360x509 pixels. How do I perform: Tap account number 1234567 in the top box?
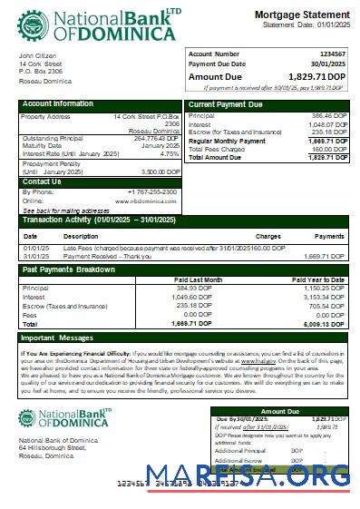(x=333, y=54)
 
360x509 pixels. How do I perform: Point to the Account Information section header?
(x=58, y=104)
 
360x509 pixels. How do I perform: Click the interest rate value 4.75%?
(x=170, y=153)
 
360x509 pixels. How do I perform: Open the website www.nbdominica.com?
(x=146, y=201)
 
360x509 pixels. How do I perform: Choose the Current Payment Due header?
(x=226, y=104)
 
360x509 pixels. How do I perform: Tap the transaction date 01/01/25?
(x=36, y=247)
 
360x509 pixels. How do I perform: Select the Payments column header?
(x=329, y=236)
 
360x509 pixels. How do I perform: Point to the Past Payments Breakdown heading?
(x=69, y=269)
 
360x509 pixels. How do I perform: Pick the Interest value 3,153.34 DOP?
(x=326, y=296)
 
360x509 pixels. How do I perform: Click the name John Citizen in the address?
(x=38, y=56)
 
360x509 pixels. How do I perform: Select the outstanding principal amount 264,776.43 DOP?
(x=155, y=138)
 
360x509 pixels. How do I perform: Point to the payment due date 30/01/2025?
(x=329, y=64)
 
